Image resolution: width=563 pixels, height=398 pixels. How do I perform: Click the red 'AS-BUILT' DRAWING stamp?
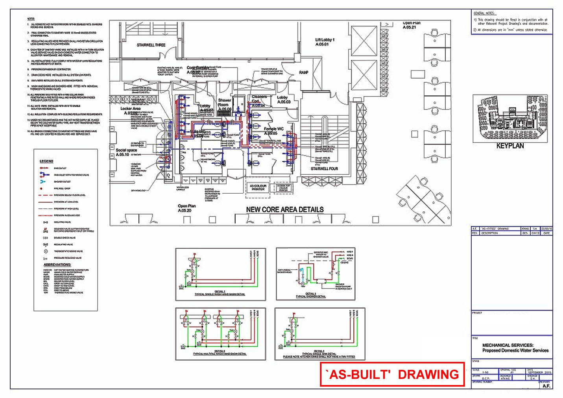click(393, 374)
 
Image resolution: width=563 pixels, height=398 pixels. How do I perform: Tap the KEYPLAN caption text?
click(510, 146)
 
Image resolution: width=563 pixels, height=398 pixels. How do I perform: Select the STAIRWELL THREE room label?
click(151, 45)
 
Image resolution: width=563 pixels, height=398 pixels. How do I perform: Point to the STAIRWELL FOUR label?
click(324, 168)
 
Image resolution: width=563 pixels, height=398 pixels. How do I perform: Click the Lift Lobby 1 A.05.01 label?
click(325, 42)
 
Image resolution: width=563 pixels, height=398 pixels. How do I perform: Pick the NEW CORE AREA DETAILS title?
click(285, 210)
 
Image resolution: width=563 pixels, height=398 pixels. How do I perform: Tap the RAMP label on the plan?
click(303, 72)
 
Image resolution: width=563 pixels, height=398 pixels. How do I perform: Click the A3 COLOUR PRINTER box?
click(258, 187)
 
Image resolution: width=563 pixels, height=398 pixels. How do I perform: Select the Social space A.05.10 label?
click(126, 152)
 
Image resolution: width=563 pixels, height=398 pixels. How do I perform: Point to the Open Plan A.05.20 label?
click(186, 208)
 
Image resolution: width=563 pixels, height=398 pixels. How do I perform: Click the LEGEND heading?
click(46, 161)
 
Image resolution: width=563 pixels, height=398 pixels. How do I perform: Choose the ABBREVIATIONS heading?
click(57, 265)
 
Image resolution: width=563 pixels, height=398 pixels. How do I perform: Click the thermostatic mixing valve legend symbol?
click(46, 251)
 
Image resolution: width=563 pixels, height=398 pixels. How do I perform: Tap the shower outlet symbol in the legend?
click(42, 181)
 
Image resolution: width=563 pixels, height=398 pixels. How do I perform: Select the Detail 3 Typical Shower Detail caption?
click(310, 295)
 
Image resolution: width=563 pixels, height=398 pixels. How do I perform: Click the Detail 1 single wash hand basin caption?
click(220, 293)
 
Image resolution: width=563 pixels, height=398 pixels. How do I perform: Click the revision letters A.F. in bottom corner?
click(546, 386)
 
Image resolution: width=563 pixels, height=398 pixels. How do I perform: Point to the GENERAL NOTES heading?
click(484, 13)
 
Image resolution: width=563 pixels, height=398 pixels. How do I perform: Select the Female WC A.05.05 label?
click(273, 131)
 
